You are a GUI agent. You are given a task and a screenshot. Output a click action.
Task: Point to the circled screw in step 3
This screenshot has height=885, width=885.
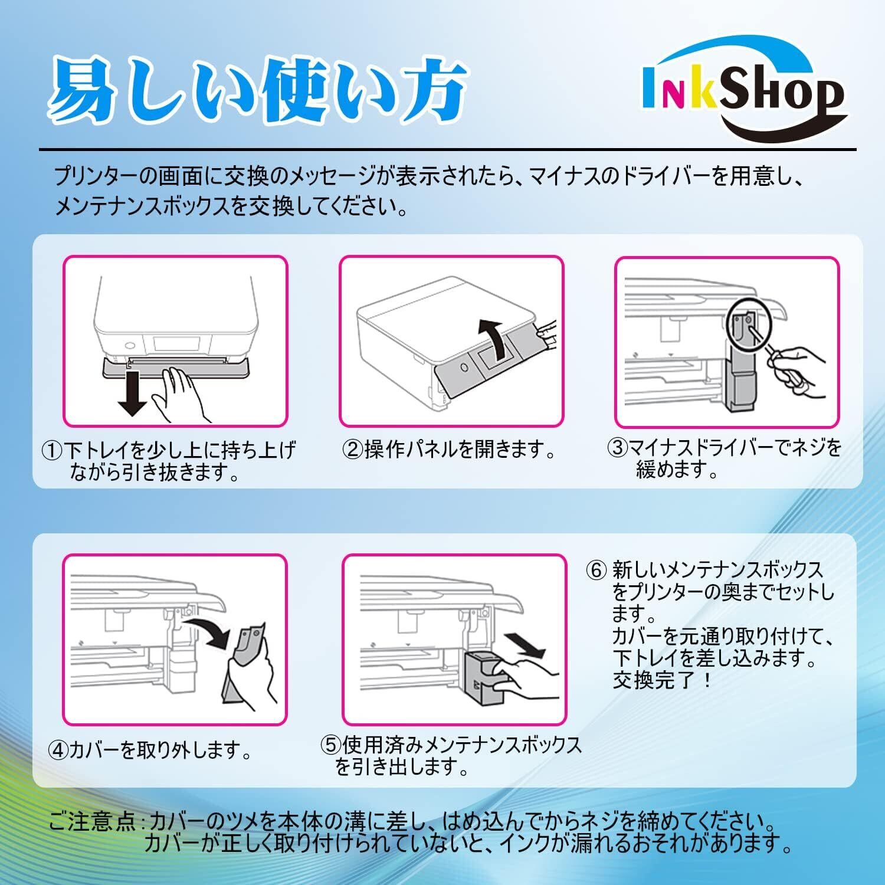[746, 324]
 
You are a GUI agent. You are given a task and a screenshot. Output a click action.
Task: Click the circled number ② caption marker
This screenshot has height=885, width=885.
[353, 450]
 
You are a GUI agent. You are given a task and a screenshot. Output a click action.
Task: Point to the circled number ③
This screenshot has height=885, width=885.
[618, 448]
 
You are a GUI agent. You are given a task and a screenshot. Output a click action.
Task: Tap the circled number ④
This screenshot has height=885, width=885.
[58, 750]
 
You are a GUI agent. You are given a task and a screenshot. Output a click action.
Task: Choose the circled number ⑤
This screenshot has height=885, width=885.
[332, 745]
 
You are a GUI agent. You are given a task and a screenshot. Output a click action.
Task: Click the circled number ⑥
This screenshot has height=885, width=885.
[596, 571]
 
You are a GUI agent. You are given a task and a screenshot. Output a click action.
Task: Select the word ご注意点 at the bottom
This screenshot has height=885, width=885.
[94, 821]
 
